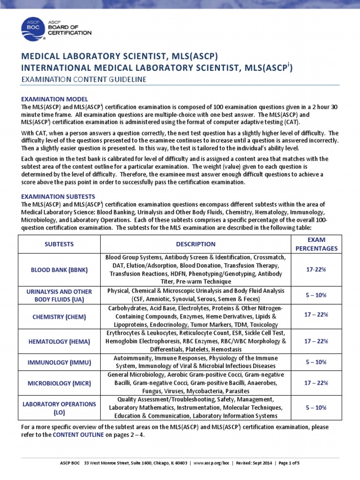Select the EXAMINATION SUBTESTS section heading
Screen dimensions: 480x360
coord(59,196)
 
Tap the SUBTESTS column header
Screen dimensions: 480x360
coord(59,244)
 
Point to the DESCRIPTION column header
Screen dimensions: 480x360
coord(195,244)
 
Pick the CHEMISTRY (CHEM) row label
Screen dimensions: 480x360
coord(59,317)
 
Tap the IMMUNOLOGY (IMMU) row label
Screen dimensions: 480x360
coord(59,362)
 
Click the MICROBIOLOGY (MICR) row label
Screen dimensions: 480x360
coord(59,383)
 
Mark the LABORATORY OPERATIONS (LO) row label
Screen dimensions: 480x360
coord(59,408)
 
